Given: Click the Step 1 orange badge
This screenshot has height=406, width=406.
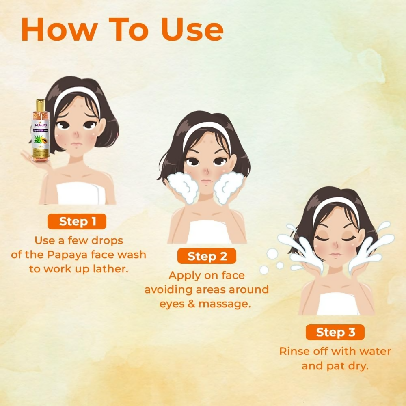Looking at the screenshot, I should (x=77, y=221).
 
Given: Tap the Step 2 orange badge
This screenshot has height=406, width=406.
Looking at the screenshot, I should (x=207, y=256).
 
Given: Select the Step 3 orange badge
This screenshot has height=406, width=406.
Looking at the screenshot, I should (x=335, y=332).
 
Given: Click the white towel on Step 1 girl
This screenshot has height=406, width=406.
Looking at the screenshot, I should (x=81, y=194).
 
